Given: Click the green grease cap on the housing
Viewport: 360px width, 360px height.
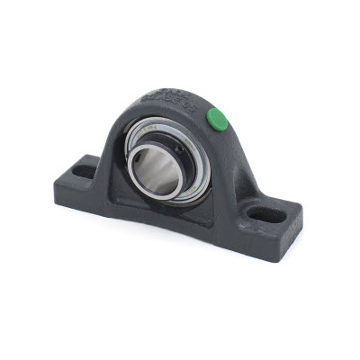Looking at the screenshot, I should coord(217,117).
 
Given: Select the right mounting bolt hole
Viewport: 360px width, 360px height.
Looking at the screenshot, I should coord(267,215).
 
